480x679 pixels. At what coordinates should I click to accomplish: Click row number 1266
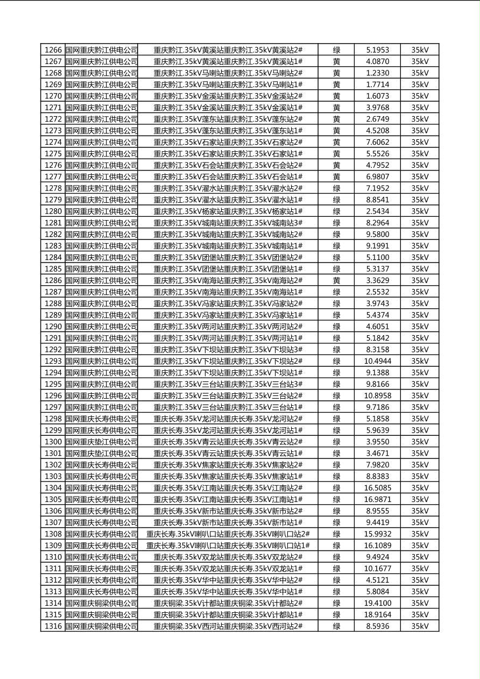click(x=53, y=50)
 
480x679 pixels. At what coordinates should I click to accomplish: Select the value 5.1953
click(x=377, y=50)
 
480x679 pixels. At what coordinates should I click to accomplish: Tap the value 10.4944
click(x=377, y=361)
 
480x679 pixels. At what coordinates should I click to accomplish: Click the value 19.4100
click(x=377, y=603)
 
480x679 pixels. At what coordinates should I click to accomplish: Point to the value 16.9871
click(x=377, y=499)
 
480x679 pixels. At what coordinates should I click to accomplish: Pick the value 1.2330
click(x=377, y=73)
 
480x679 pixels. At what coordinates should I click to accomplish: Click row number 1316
click(x=53, y=626)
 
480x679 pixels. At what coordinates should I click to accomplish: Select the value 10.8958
click(x=377, y=395)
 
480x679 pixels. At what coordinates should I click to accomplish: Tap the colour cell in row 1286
click(x=336, y=280)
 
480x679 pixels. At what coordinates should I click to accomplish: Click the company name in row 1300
click(x=102, y=442)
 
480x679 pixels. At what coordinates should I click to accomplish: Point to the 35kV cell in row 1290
click(x=420, y=327)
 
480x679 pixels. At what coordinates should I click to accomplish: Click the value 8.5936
click(x=377, y=626)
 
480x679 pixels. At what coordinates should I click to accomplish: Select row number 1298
click(x=53, y=419)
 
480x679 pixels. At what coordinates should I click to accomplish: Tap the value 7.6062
click(x=377, y=142)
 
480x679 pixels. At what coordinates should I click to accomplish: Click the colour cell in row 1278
click(x=336, y=188)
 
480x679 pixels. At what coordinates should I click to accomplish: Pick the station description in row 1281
click(x=228, y=223)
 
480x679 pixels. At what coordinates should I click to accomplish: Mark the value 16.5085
click(x=377, y=488)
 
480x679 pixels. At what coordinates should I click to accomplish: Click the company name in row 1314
click(x=102, y=603)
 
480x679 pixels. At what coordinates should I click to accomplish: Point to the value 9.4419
click(x=377, y=522)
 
